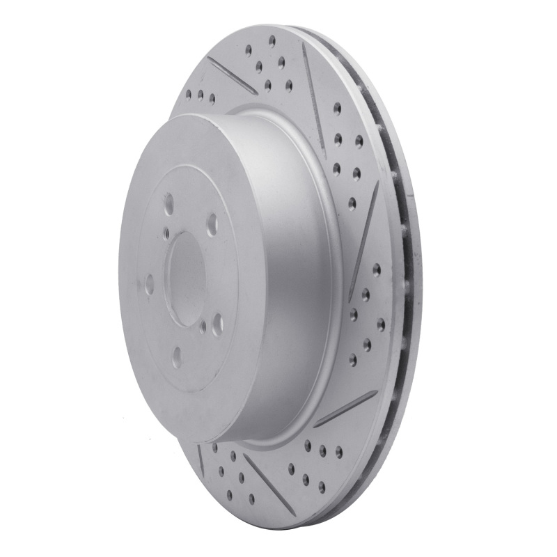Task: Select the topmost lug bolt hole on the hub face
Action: (x=168, y=205)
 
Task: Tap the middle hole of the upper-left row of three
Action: (x=201, y=95)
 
